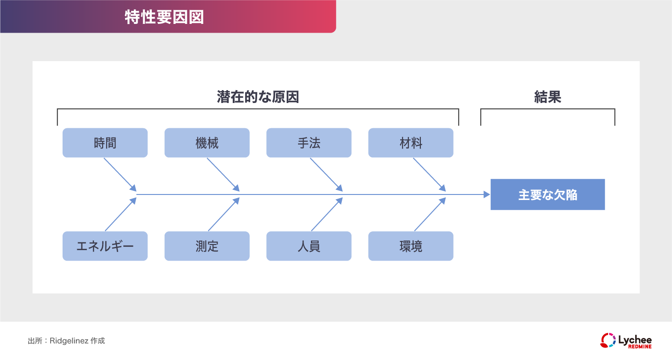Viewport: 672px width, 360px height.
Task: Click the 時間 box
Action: pos(105,143)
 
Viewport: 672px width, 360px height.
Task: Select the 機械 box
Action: pos(207,143)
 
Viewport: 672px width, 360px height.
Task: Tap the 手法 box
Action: pos(309,143)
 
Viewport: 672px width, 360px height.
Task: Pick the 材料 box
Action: pos(411,143)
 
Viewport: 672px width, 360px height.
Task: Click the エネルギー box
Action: pos(105,246)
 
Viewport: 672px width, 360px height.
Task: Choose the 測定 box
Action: pos(207,246)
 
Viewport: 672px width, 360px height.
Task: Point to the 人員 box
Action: pos(309,246)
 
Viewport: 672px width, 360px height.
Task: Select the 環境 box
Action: pos(411,246)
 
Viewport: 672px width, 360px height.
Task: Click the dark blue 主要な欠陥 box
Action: pos(547,194)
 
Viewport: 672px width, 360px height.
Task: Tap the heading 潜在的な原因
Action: pos(258,97)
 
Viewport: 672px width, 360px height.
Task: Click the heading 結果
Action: pos(547,97)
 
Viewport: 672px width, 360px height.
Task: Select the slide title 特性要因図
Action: pos(164,17)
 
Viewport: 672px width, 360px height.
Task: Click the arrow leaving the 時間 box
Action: pos(120,174)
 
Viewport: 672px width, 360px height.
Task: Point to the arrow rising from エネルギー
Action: pos(121,215)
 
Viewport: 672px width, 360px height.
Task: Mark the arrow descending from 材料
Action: pos(429,174)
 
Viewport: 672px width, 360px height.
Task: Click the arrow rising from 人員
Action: pos(327,215)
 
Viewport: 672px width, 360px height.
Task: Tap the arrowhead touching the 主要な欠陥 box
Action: pos(487,194)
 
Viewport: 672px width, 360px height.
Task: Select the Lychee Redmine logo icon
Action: pos(608,340)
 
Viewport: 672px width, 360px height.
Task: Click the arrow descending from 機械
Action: pos(223,174)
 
